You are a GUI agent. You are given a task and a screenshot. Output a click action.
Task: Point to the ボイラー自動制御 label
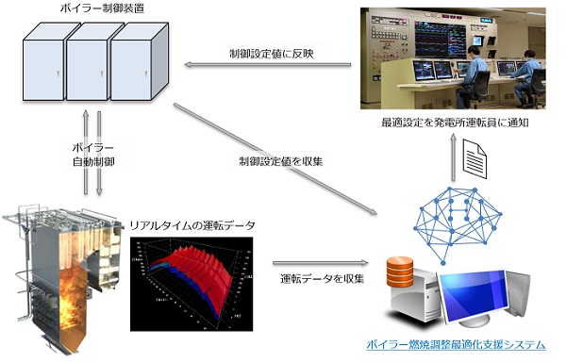pyautogui.click(x=92, y=156)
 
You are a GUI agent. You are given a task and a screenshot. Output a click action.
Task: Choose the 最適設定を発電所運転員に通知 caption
pyautogui.click(x=455, y=123)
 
